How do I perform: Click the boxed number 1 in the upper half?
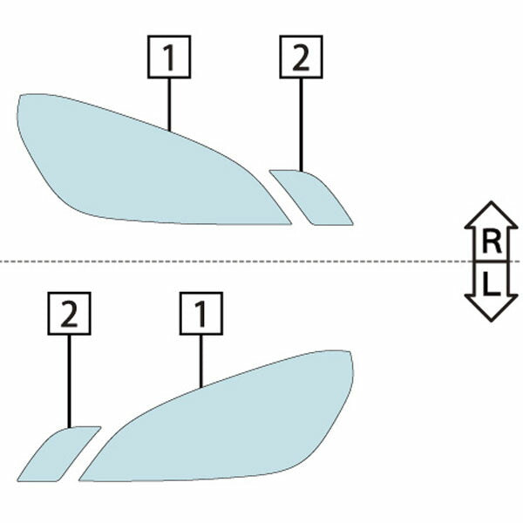[x=169, y=57]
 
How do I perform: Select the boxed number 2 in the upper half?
[x=301, y=57]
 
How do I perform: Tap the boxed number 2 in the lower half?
[x=69, y=314]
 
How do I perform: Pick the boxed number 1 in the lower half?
[x=201, y=314]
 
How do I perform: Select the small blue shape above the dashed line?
[x=310, y=197]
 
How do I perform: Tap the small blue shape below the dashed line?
[x=59, y=453]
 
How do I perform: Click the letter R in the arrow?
[x=492, y=242]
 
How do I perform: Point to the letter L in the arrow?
[x=492, y=284]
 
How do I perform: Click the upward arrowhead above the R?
[x=492, y=214]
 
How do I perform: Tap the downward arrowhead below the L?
[x=492, y=309]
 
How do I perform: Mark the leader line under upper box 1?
[x=169, y=105]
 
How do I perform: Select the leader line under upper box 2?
[x=301, y=125]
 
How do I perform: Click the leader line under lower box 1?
[x=201, y=362]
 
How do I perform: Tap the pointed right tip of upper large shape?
[x=291, y=224]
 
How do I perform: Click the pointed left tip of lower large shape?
[x=79, y=480]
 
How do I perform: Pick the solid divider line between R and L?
[x=492, y=261]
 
